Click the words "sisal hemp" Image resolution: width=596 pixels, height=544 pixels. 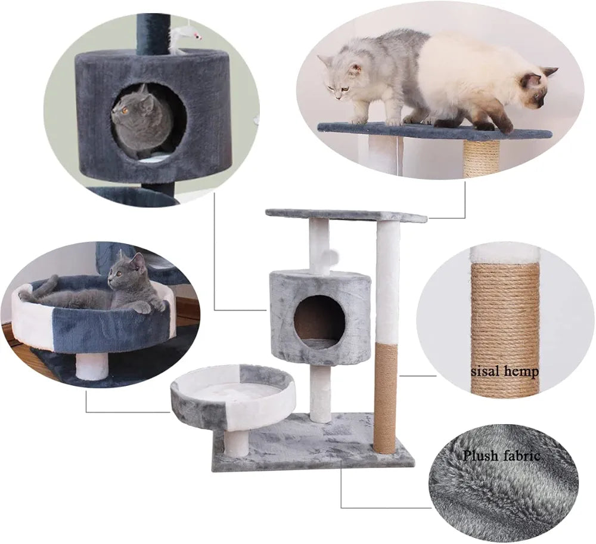click(x=504, y=371)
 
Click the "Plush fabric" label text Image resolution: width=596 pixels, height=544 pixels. click(x=501, y=455)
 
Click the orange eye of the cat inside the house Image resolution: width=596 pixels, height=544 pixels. click(x=124, y=111)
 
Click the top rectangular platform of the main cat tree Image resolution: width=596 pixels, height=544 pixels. click(x=346, y=215)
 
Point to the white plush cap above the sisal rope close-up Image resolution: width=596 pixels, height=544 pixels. click(x=505, y=255)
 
